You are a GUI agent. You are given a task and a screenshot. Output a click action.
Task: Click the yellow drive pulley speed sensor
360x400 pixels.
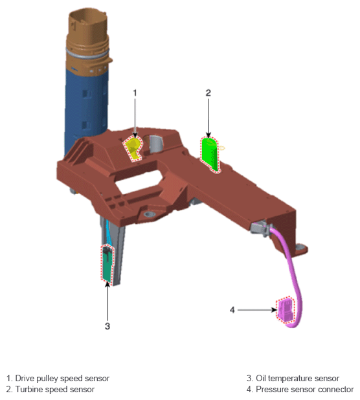133,149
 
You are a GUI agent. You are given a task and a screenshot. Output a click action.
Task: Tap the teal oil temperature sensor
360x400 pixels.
107,264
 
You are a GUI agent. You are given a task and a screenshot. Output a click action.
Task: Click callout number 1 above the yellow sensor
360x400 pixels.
135,93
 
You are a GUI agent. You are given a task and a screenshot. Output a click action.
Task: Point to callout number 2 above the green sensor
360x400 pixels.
208,93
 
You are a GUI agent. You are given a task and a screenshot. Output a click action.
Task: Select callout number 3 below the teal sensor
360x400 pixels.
107,326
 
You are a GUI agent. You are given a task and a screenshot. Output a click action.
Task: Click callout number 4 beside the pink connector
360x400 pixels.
232,310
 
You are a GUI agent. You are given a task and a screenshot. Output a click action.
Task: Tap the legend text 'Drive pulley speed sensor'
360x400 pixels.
62,378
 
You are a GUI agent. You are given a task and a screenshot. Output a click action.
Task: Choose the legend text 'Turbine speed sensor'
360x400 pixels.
55,390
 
